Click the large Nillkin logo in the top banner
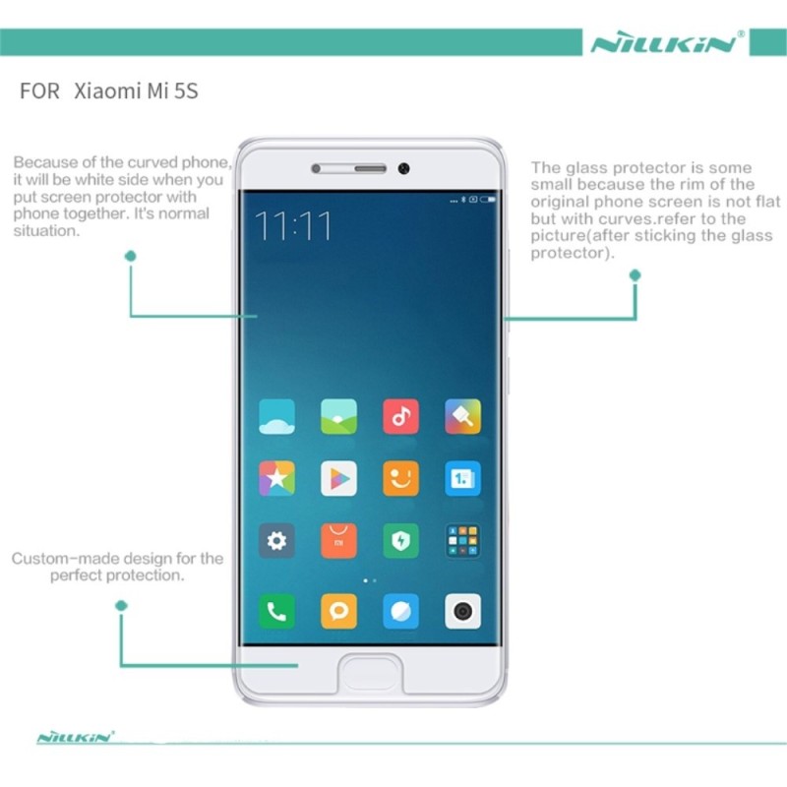pos(665,43)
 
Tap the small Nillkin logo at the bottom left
pos(76,737)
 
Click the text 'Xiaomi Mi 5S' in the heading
pos(136,91)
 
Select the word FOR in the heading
pos(39,91)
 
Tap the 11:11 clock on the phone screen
pos(293,226)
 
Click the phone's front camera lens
pos(403,168)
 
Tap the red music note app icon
pos(400,416)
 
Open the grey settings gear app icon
pos(276,540)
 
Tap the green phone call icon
pos(276,611)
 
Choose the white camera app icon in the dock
pos(462,611)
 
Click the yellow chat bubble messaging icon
pos(338,611)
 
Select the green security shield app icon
pos(400,540)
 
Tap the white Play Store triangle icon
pos(338,478)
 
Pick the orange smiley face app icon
pos(400,478)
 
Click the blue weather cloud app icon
pos(276,416)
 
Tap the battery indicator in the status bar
pos(488,200)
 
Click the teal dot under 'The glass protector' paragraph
pos(635,275)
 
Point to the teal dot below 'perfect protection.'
pos(121,606)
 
